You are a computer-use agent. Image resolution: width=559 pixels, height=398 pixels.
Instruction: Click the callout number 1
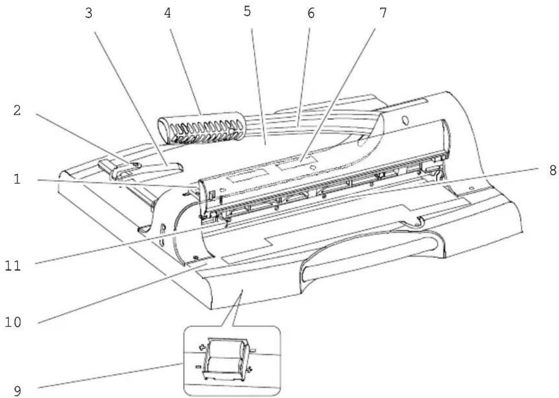17,179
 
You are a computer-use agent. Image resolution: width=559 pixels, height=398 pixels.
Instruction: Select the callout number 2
17,110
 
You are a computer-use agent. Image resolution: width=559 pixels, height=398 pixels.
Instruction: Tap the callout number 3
89,13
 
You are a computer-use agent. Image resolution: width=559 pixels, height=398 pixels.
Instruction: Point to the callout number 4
167,13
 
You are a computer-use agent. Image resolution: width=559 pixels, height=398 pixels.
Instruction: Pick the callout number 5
247,11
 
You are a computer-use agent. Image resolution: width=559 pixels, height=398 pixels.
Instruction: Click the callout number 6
311,13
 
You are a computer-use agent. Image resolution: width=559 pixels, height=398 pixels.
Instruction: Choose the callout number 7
383,13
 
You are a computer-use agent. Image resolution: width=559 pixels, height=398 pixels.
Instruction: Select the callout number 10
13,322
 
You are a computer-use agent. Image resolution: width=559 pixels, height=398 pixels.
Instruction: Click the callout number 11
13,266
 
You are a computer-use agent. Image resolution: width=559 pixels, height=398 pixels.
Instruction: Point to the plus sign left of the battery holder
202,347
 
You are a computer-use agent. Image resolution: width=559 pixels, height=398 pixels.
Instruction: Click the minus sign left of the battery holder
198,366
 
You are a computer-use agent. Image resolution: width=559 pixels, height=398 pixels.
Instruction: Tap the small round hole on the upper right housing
405,119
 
